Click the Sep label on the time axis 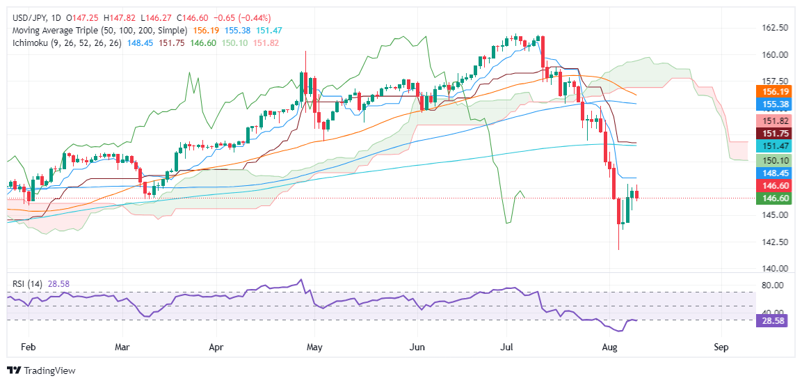(721, 347)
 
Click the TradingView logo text (49, 370)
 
